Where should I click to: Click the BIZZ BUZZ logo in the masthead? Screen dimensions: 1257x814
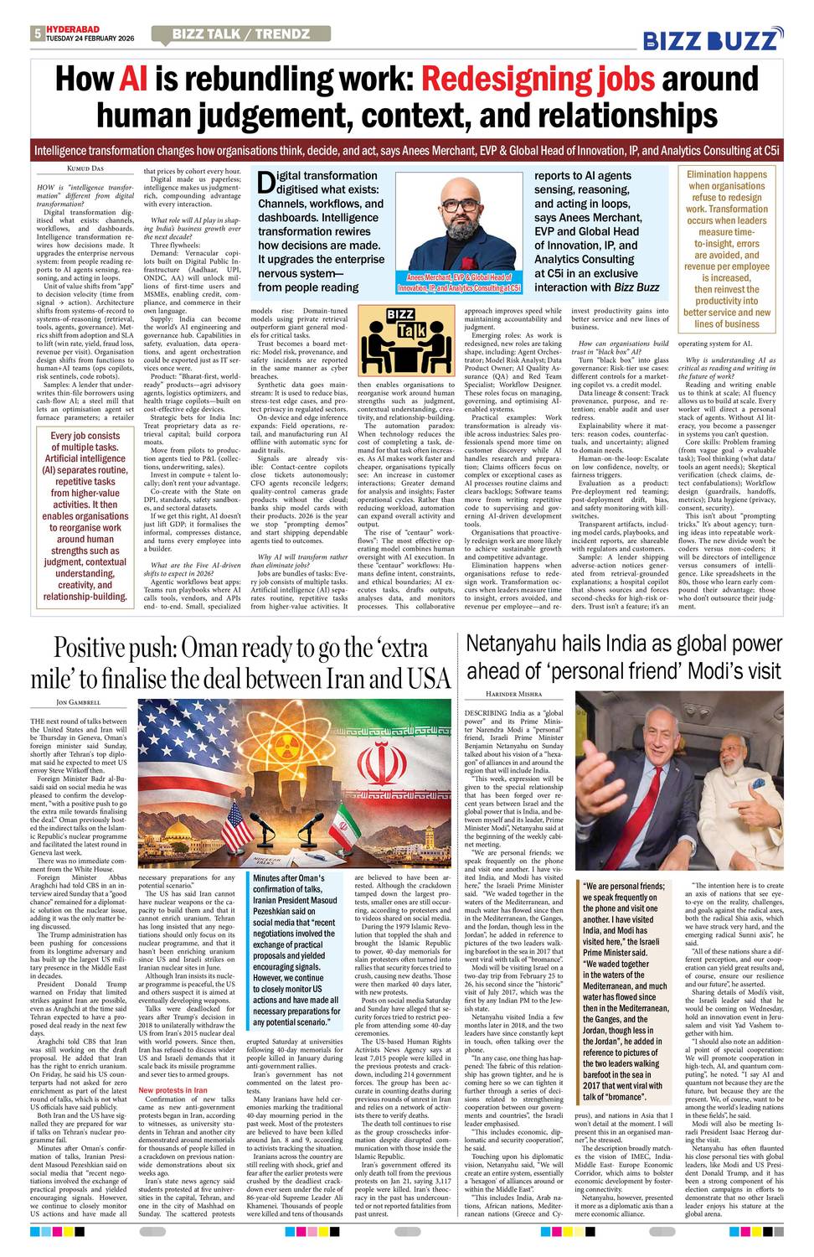[x=713, y=39]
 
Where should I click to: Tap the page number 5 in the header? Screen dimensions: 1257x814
[x=37, y=34]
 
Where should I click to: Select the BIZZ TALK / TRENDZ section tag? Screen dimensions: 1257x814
[x=240, y=34]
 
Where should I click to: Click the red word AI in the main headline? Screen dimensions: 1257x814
[x=133, y=80]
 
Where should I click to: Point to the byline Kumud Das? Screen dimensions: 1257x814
[x=85, y=168]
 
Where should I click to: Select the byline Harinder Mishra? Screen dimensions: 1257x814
[x=514, y=694]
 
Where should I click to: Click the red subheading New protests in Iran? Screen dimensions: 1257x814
[x=173, y=1090]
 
